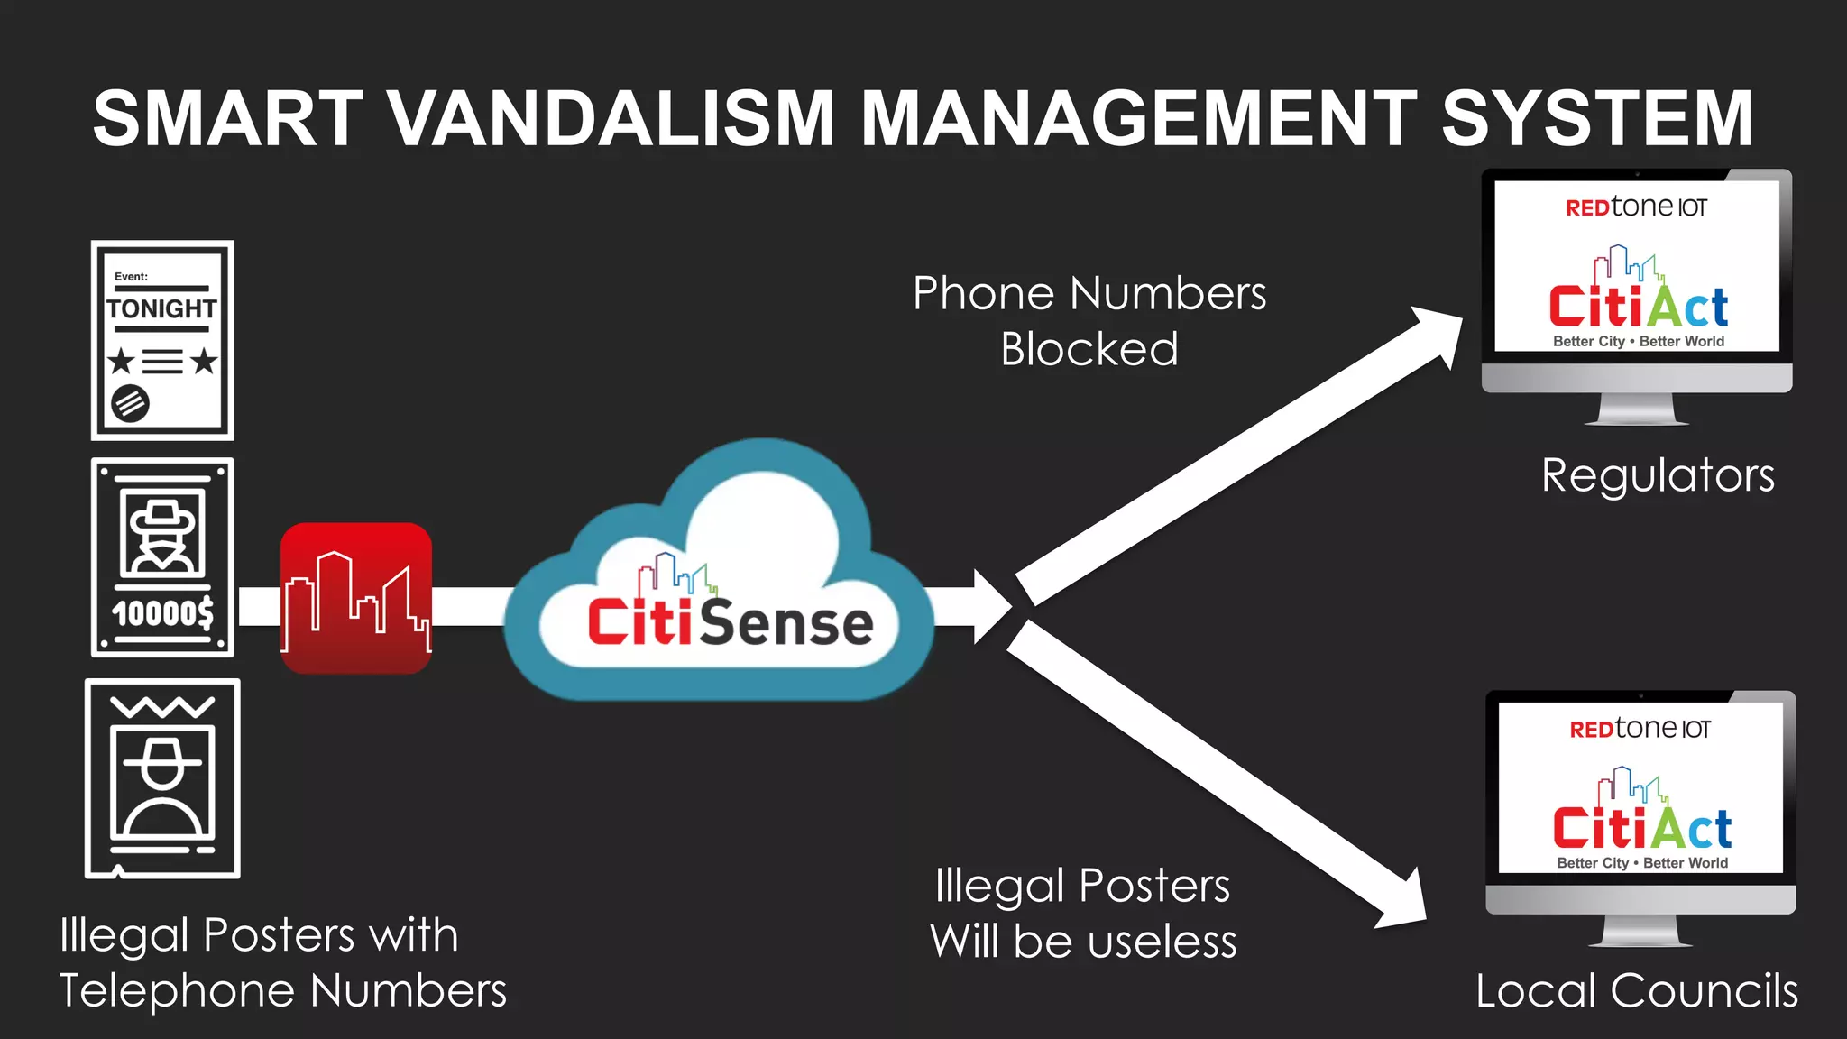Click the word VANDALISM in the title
[611, 118]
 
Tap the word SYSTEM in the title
[1596, 118]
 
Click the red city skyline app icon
[356, 598]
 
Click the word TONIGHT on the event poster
[162, 309]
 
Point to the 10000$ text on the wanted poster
[162, 613]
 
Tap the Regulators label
[1658, 475]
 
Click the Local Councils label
[1636, 990]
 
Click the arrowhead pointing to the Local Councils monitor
[1402, 902]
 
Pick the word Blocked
[1089, 350]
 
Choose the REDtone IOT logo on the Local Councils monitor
[1640, 729]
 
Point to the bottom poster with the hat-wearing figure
[162, 778]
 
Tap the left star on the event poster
[122, 362]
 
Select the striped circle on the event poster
[130, 403]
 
